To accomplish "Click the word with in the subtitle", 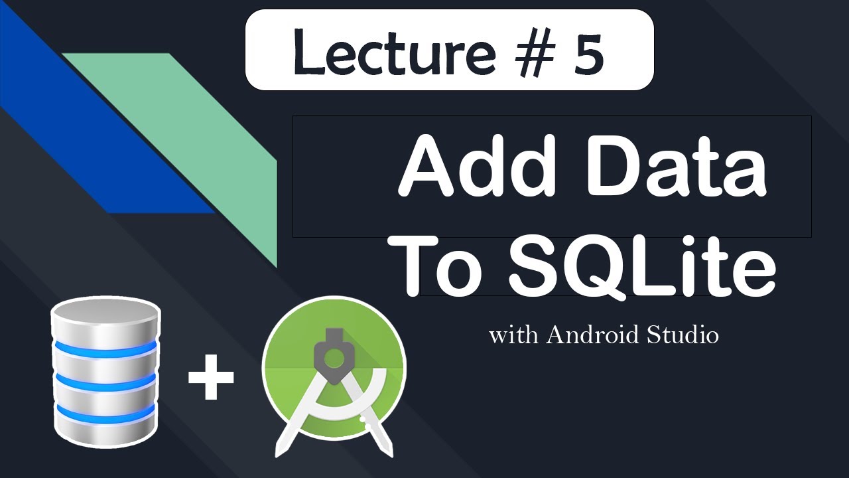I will tap(513, 335).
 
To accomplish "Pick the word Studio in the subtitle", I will tap(683, 335).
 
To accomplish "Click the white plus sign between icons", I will tap(211, 377).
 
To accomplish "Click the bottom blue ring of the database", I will tap(105, 414).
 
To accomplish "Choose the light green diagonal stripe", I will tap(219, 153).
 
